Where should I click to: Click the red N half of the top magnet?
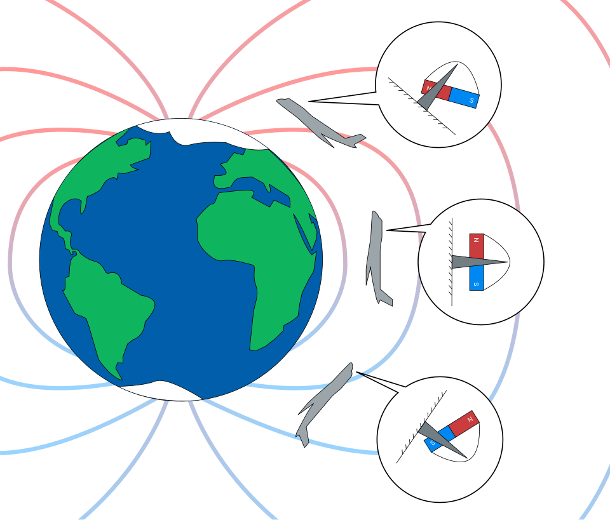(x=436, y=90)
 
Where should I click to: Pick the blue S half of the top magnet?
(x=464, y=98)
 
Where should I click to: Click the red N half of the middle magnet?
(x=477, y=246)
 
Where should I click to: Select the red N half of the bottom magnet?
(x=464, y=423)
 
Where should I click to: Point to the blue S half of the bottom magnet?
(x=440, y=439)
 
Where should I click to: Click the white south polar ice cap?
(x=163, y=390)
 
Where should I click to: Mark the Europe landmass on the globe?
(x=253, y=167)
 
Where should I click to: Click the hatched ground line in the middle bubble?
(x=451, y=262)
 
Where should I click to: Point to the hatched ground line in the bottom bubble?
(x=421, y=427)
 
